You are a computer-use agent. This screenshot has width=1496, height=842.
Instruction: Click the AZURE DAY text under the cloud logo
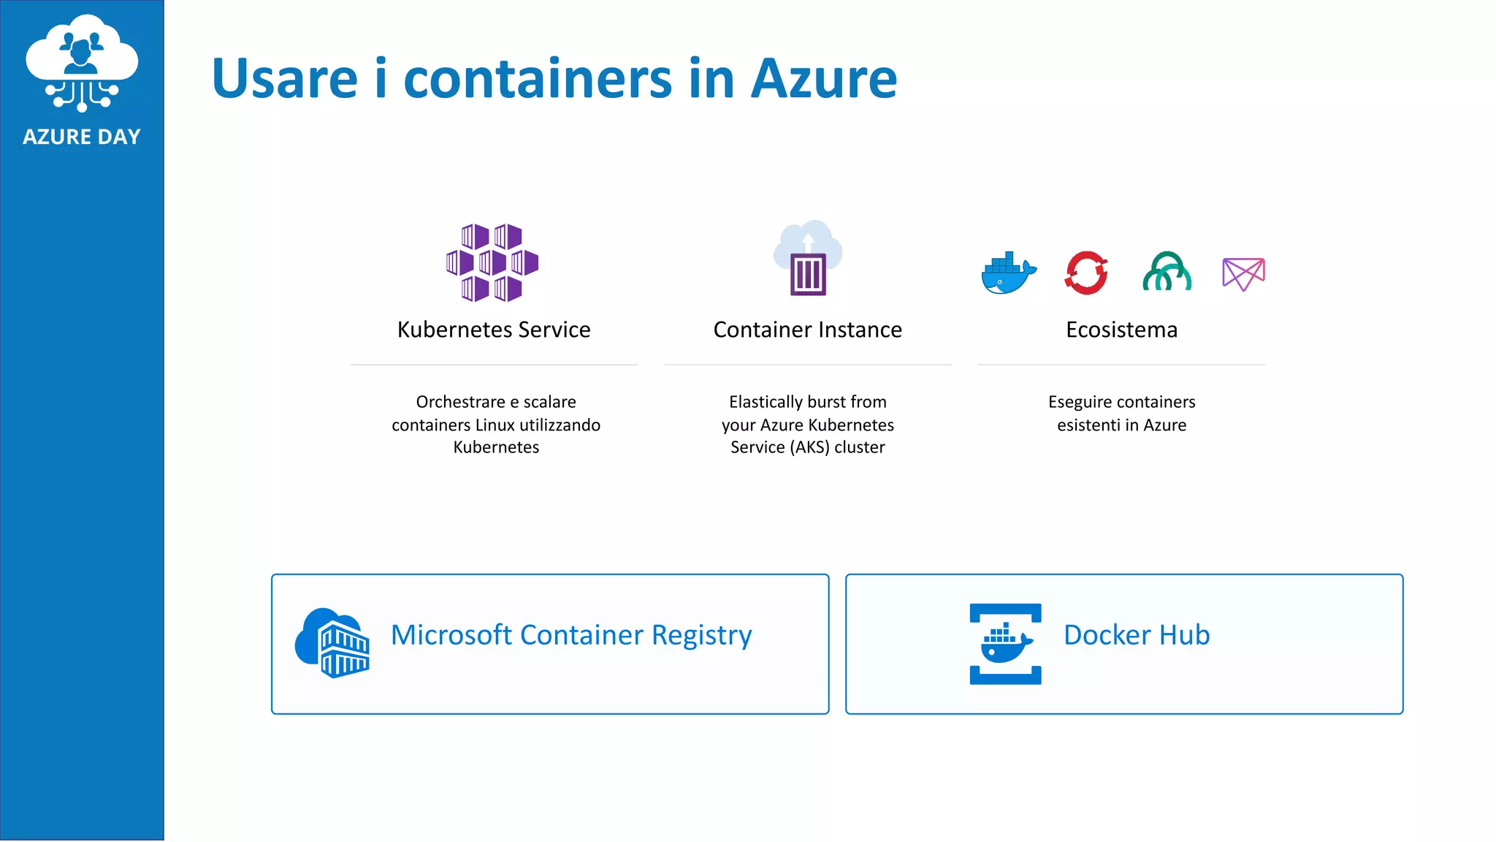click(x=81, y=137)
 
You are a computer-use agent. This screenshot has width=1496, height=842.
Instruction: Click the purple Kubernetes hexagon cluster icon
click(x=492, y=262)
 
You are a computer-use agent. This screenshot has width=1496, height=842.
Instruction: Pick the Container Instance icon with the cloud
click(x=808, y=259)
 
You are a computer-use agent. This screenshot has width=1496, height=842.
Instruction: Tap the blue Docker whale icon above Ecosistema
click(x=1008, y=273)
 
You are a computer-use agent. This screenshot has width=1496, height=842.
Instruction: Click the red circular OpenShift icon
click(x=1086, y=273)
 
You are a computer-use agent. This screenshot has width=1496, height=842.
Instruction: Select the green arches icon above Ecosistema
click(x=1167, y=272)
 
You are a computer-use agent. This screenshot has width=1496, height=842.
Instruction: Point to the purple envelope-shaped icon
click(x=1243, y=274)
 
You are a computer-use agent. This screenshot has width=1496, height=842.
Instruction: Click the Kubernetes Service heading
click(x=494, y=330)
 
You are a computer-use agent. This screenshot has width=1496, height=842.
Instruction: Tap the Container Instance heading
click(x=807, y=330)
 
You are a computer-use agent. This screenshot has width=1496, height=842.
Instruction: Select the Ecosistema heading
click(x=1121, y=330)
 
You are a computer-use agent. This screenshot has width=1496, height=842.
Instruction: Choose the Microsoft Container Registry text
click(x=571, y=635)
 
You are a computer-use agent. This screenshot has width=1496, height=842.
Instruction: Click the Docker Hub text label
click(x=1136, y=635)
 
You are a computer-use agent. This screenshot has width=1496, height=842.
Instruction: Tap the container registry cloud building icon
click(x=332, y=642)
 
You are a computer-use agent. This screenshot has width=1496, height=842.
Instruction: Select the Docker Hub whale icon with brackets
click(x=1005, y=644)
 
